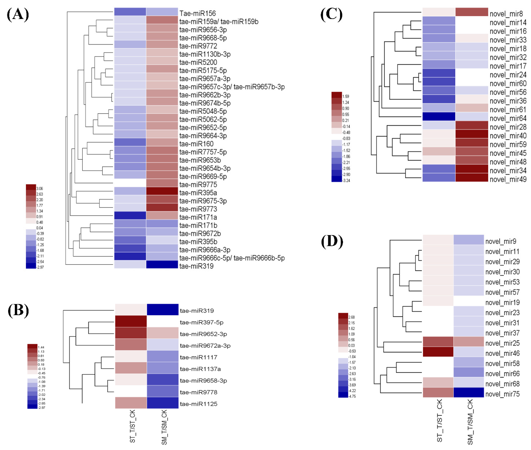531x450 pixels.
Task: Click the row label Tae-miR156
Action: coord(197,13)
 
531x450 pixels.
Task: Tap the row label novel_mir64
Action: coord(508,118)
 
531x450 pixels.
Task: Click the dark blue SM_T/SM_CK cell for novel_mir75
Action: coord(468,392)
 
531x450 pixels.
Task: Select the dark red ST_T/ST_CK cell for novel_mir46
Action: coord(438,351)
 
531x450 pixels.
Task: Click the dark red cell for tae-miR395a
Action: coord(162,191)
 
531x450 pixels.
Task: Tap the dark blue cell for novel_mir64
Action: coord(438,117)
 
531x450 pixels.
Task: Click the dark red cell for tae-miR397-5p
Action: coord(131,321)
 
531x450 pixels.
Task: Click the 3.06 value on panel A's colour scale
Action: coord(40,189)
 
